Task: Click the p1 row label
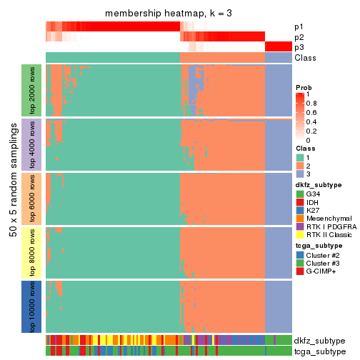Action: click(x=299, y=26)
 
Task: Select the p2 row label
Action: click(x=299, y=36)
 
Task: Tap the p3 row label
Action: click(x=299, y=47)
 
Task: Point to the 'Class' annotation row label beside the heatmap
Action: click(x=305, y=58)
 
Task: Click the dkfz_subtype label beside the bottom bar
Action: click(x=319, y=340)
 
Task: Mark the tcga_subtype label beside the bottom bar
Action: click(x=319, y=351)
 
